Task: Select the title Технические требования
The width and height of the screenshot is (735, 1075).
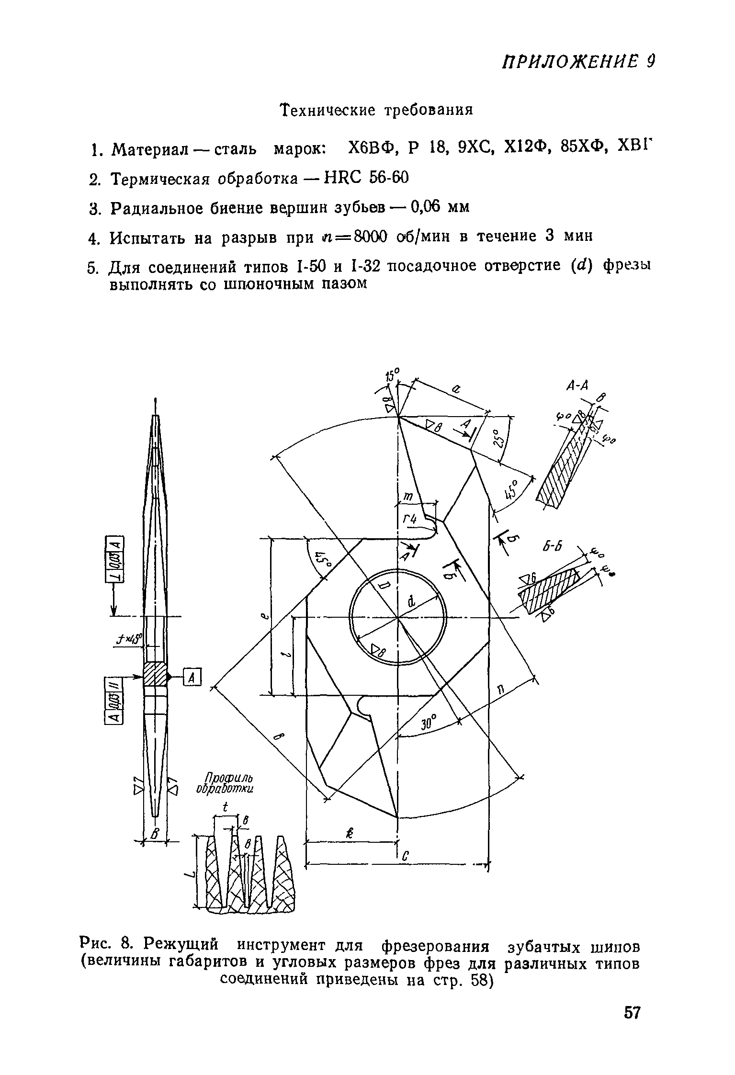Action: (x=376, y=110)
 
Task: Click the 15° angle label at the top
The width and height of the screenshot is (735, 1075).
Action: (x=393, y=374)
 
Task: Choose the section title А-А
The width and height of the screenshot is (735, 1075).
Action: (x=577, y=385)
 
